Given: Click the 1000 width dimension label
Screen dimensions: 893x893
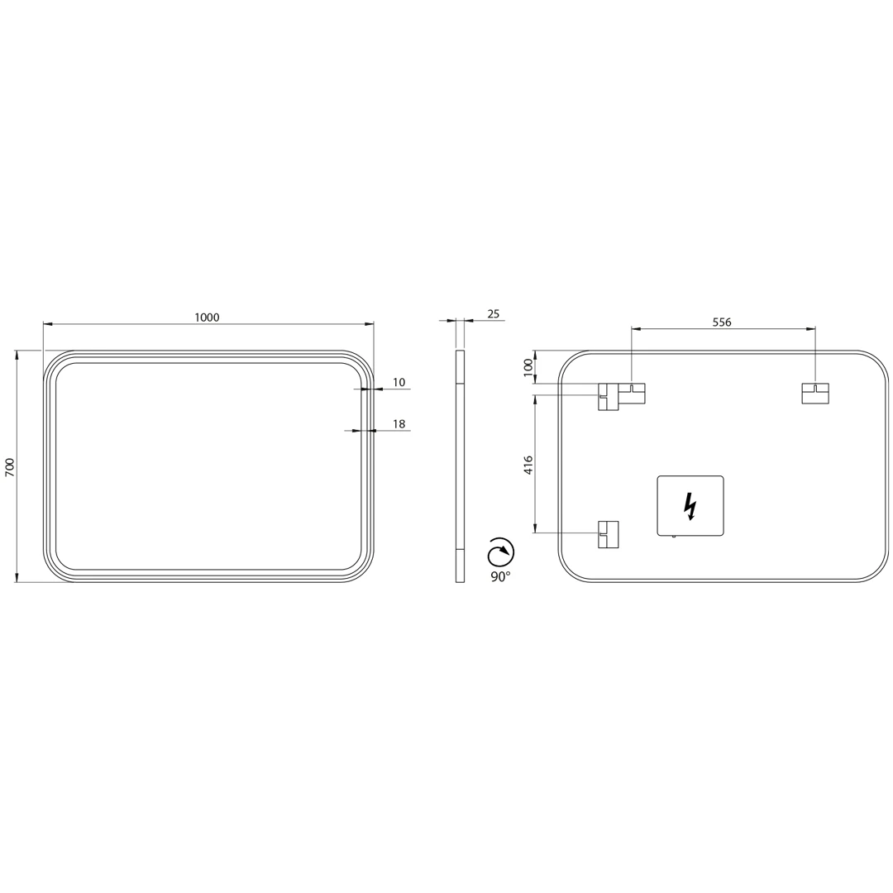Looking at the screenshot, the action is (x=207, y=318).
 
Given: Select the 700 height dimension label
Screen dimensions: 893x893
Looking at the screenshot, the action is (x=9, y=466).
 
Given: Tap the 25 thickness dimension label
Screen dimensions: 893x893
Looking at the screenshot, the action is (x=493, y=313).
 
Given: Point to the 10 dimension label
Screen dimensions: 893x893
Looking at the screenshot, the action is (x=399, y=382).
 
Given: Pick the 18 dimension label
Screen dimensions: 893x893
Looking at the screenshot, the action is (x=399, y=423).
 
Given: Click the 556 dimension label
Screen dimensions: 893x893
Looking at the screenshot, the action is (x=722, y=322).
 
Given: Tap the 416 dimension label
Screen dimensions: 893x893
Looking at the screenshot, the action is (x=528, y=465).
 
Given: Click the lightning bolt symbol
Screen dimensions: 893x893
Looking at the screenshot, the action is (x=690, y=506).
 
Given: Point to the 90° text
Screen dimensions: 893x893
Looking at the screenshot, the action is (x=500, y=577).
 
